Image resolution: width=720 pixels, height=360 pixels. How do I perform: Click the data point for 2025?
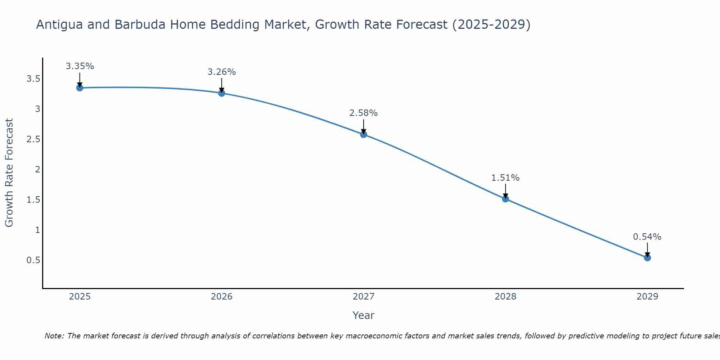(80, 88)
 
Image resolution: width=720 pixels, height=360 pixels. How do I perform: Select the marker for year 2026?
(222, 93)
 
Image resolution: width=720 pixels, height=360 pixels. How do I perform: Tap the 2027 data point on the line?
(364, 135)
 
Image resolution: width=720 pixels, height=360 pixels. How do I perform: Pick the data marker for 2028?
(505, 199)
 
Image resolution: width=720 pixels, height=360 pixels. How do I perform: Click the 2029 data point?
(647, 258)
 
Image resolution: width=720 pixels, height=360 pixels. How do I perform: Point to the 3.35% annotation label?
(80, 66)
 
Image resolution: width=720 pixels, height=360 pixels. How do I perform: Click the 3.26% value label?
(222, 72)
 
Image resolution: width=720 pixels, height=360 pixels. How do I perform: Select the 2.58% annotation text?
(364, 113)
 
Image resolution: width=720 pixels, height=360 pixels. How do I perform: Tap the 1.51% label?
(505, 178)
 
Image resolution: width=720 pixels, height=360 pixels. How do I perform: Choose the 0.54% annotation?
(647, 237)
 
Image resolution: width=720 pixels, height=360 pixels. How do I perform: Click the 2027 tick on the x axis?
(364, 297)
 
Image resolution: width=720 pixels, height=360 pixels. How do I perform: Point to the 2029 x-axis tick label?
(647, 297)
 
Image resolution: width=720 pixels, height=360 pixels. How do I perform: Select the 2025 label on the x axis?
(80, 297)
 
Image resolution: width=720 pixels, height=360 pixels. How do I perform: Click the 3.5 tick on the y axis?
(33, 79)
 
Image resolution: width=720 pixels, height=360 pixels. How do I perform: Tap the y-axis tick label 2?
(37, 169)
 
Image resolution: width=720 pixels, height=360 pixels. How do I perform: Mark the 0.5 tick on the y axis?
(33, 260)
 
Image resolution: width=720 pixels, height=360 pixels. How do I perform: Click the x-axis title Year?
(364, 315)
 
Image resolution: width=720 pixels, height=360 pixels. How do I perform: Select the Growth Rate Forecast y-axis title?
(9, 173)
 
